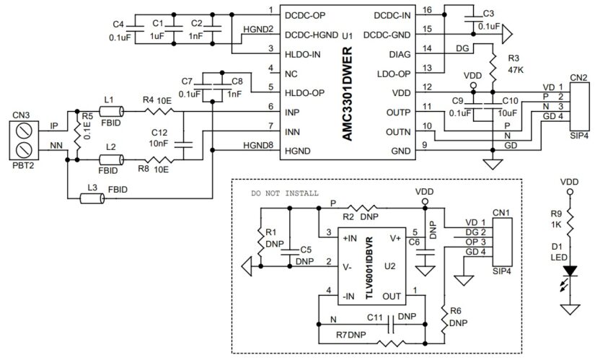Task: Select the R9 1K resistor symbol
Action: (571, 219)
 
